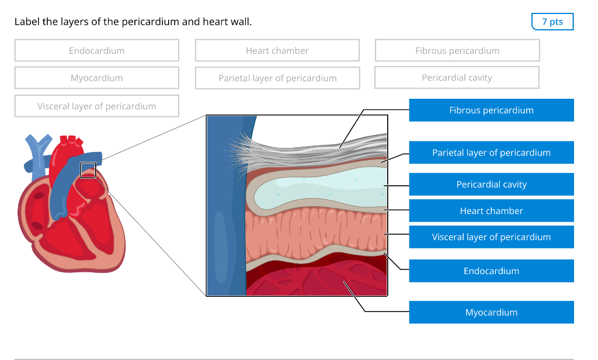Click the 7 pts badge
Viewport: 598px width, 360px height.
click(x=552, y=22)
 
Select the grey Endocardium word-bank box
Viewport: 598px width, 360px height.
click(x=97, y=51)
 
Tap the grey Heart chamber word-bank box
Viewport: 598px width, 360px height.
click(x=277, y=51)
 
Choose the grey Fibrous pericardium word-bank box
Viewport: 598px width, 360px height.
click(x=457, y=51)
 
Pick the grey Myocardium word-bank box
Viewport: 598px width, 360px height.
click(x=97, y=78)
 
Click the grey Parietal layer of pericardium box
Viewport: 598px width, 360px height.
click(x=277, y=78)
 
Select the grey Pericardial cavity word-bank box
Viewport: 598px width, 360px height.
click(x=457, y=78)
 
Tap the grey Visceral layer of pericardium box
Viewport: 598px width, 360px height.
click(x=97, y=106)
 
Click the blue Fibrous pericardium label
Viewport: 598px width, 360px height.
click(x=491, y=110)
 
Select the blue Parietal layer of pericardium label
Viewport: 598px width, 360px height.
click(x=491, y=153)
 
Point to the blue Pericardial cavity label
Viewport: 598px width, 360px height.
click(x=491, y=184)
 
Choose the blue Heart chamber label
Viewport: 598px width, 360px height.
click(x=491, y=211)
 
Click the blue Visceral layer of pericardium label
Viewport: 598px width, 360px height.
click(x=491, y=237)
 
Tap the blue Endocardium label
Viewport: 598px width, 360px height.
click(x=491, y=271)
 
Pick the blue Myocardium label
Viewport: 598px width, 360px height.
click(x=491, y=312)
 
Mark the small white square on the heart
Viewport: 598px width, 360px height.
click(x=88, y=170)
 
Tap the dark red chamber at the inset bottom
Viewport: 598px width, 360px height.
click(x=315, y=281)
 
